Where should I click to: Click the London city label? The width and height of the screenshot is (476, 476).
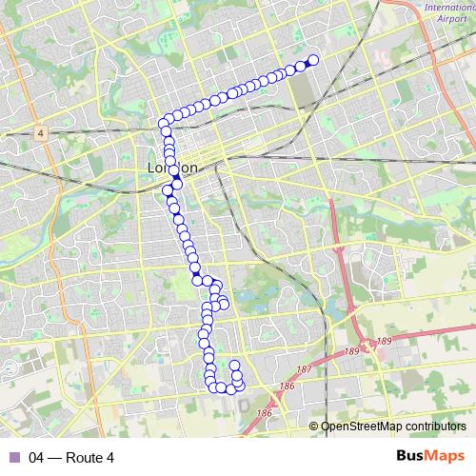[172, 169]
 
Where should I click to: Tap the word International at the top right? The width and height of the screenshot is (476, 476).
[449, 8]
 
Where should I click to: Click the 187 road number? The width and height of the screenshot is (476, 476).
[304, 369]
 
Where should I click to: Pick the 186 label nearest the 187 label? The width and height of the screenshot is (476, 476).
[287, 386]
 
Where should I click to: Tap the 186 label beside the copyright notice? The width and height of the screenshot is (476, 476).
[264, 414]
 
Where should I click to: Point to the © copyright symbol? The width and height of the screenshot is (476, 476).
[314, 426]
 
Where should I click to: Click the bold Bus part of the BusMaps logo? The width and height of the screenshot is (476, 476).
[411, 457]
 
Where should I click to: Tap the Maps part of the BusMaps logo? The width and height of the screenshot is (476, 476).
[446, 457]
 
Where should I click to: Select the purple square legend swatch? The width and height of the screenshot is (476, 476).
[13, 458]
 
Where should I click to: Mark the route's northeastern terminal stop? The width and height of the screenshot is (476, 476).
[312, 60]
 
